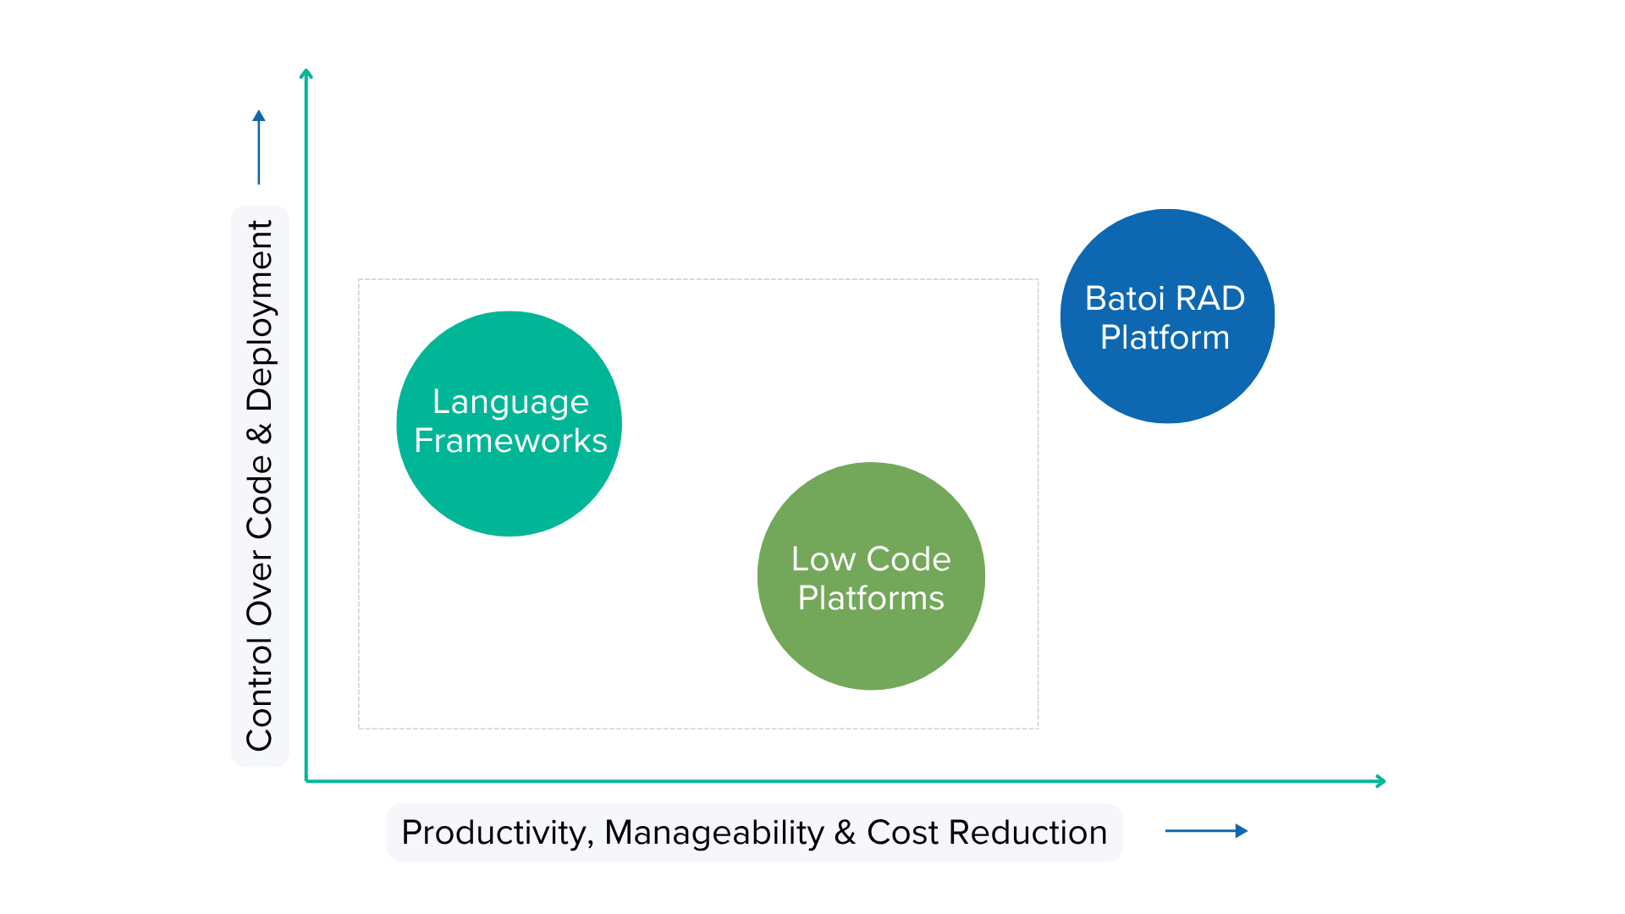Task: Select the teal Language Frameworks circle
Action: pos(509,491)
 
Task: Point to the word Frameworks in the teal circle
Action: pos(510,441)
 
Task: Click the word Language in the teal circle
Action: pos(510,402)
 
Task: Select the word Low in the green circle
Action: pos(823,559)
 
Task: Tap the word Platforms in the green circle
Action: pos(871,598)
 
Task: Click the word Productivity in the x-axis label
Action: pos(496,833)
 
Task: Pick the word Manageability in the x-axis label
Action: pos(713,833)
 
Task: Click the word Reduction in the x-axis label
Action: pos(1027,833)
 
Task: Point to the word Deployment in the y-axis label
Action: pos(260,316)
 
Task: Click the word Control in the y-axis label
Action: pos(260,695)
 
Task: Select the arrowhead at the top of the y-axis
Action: pos(306,74)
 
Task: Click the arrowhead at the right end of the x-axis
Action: pos(1380,781)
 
